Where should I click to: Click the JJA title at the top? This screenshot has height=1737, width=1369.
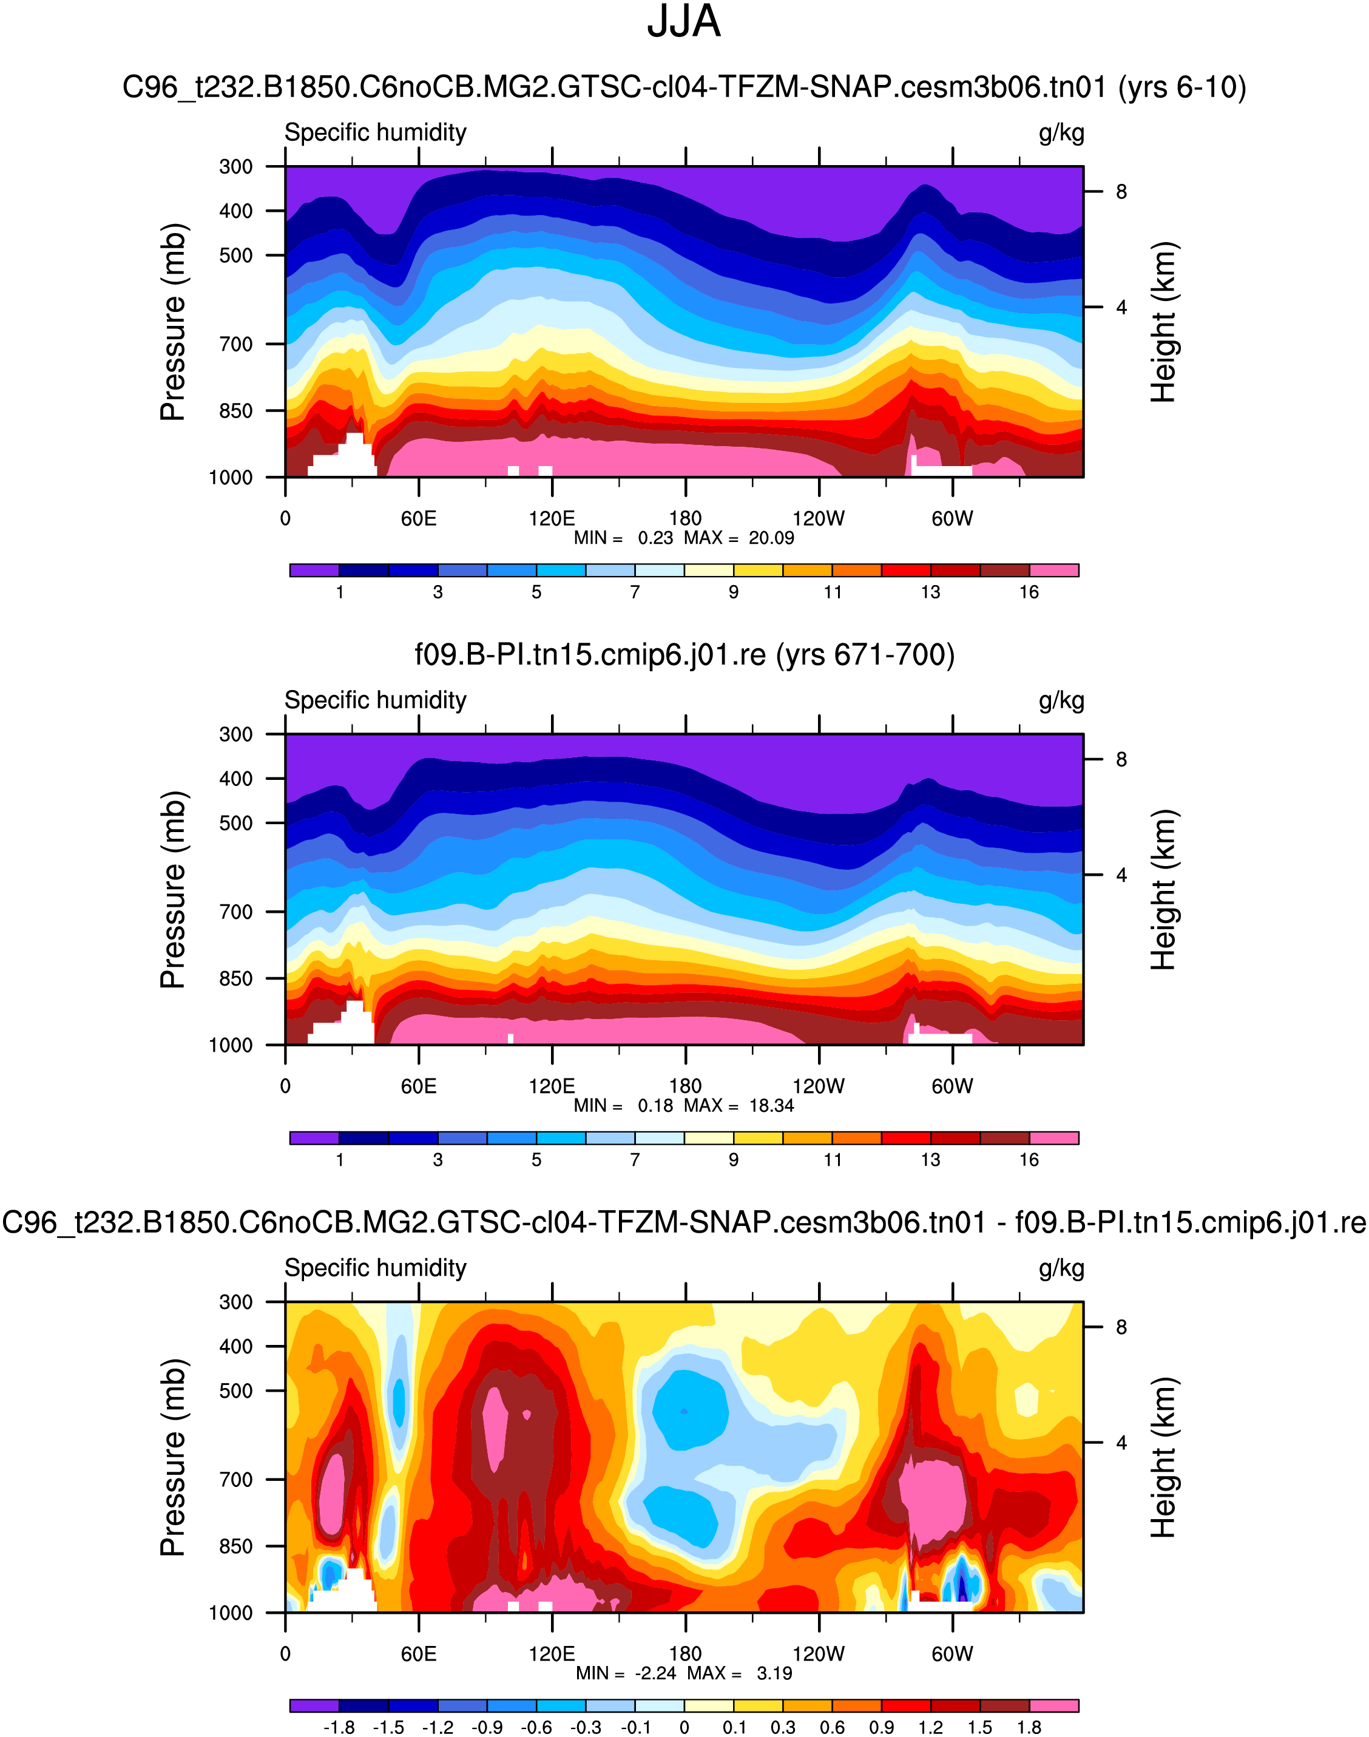[x=684, y=22]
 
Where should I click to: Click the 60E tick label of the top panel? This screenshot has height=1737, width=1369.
[x=418, y=519]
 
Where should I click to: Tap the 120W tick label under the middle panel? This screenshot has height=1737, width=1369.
[x=819, y=1086]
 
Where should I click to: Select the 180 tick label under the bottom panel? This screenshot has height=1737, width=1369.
[x=685, y=1654]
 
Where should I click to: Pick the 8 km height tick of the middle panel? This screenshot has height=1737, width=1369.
[x=1121, y=760]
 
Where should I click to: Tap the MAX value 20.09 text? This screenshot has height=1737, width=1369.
[x=771, y=538]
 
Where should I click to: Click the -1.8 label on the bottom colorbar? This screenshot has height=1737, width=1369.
[x=339, y=1727]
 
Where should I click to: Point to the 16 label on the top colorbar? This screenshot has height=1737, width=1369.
[x=1029, y=592]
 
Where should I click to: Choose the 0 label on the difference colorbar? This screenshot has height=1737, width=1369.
[x=684, y=1727]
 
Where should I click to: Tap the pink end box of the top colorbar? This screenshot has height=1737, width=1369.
[x=1054, y=570]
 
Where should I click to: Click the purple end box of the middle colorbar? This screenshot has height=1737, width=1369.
[x=314, y=1137]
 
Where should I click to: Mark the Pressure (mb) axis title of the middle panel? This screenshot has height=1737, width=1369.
[x=173, y=890]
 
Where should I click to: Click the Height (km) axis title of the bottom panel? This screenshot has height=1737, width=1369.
[x=1162, y=1457]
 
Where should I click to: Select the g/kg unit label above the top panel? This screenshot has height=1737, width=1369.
[x=1061, y=133]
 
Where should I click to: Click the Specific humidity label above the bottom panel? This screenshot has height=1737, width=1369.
[x=375, y=1268]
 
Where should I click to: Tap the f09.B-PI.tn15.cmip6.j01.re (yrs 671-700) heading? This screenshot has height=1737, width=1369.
[x=684, y=655]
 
